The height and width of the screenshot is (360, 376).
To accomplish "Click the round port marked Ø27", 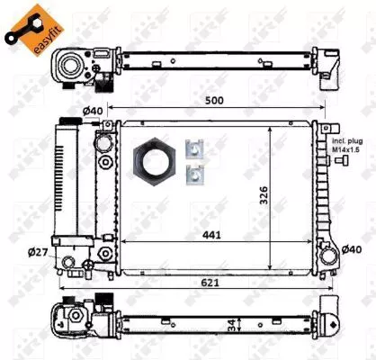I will pyautogui.click(x=69, y=262).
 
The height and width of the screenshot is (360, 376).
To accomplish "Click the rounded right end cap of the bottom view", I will pyautogui.click(x=334, y=320).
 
